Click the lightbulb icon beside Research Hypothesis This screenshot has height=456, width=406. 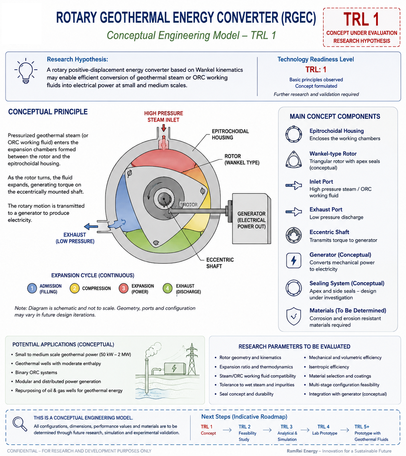point(26,70)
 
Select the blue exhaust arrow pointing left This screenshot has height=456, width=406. point(91,226)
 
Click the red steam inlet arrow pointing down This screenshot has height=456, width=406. point(164,128)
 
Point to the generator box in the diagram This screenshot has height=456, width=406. point(251,219)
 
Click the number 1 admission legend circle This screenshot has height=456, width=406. point(32,288)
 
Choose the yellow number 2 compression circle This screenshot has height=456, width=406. point(74,288)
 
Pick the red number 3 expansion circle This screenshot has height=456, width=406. point(124,288)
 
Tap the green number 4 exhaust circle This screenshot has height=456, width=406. point(167,288)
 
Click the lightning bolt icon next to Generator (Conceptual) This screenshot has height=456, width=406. point(294,260)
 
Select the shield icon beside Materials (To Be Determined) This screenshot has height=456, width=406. point(294,316)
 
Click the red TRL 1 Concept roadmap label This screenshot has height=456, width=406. point(208,430)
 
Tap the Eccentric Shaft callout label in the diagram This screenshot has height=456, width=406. point(220,263)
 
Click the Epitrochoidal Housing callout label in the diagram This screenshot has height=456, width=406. point(230,135)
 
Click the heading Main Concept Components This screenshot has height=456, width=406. point(335,116)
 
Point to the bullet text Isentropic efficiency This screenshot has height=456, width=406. point(329,367)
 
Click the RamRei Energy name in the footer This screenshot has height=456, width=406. point(302,451)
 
